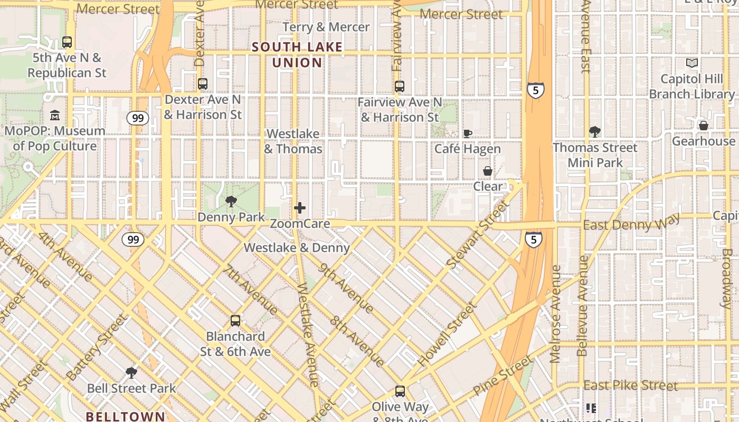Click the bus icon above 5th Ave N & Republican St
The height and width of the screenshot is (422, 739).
pos(67,42)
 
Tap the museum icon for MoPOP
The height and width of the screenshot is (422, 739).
pos(55,115)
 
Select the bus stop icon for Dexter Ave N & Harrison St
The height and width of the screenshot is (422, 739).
pos(202,83)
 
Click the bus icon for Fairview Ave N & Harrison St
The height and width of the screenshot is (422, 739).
pos(400,86)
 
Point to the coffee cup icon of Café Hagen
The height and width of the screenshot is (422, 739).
pos(467,133)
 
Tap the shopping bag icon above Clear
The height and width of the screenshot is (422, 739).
pos(488,171)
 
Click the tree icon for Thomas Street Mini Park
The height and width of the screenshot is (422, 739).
pos(595,131)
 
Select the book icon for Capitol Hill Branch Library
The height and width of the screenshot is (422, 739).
pos(692,63)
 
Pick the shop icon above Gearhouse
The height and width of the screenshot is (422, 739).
pos(703,126)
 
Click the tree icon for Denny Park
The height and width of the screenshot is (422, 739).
pos(231,201)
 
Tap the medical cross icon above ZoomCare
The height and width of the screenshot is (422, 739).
pos(300,208)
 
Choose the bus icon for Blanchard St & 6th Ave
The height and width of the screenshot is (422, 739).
pos(235,320)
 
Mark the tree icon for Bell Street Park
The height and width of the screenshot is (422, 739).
pos(131,373)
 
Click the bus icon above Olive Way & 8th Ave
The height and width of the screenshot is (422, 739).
pos(400,391)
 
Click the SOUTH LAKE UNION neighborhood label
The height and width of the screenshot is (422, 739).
pos(297,55)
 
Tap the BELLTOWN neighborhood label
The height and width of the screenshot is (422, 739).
pos(126,416)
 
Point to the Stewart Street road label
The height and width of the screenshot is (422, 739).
pos(478,234)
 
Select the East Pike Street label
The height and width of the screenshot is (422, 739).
pos(630,386)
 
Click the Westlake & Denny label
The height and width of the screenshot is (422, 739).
pos(297,247)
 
